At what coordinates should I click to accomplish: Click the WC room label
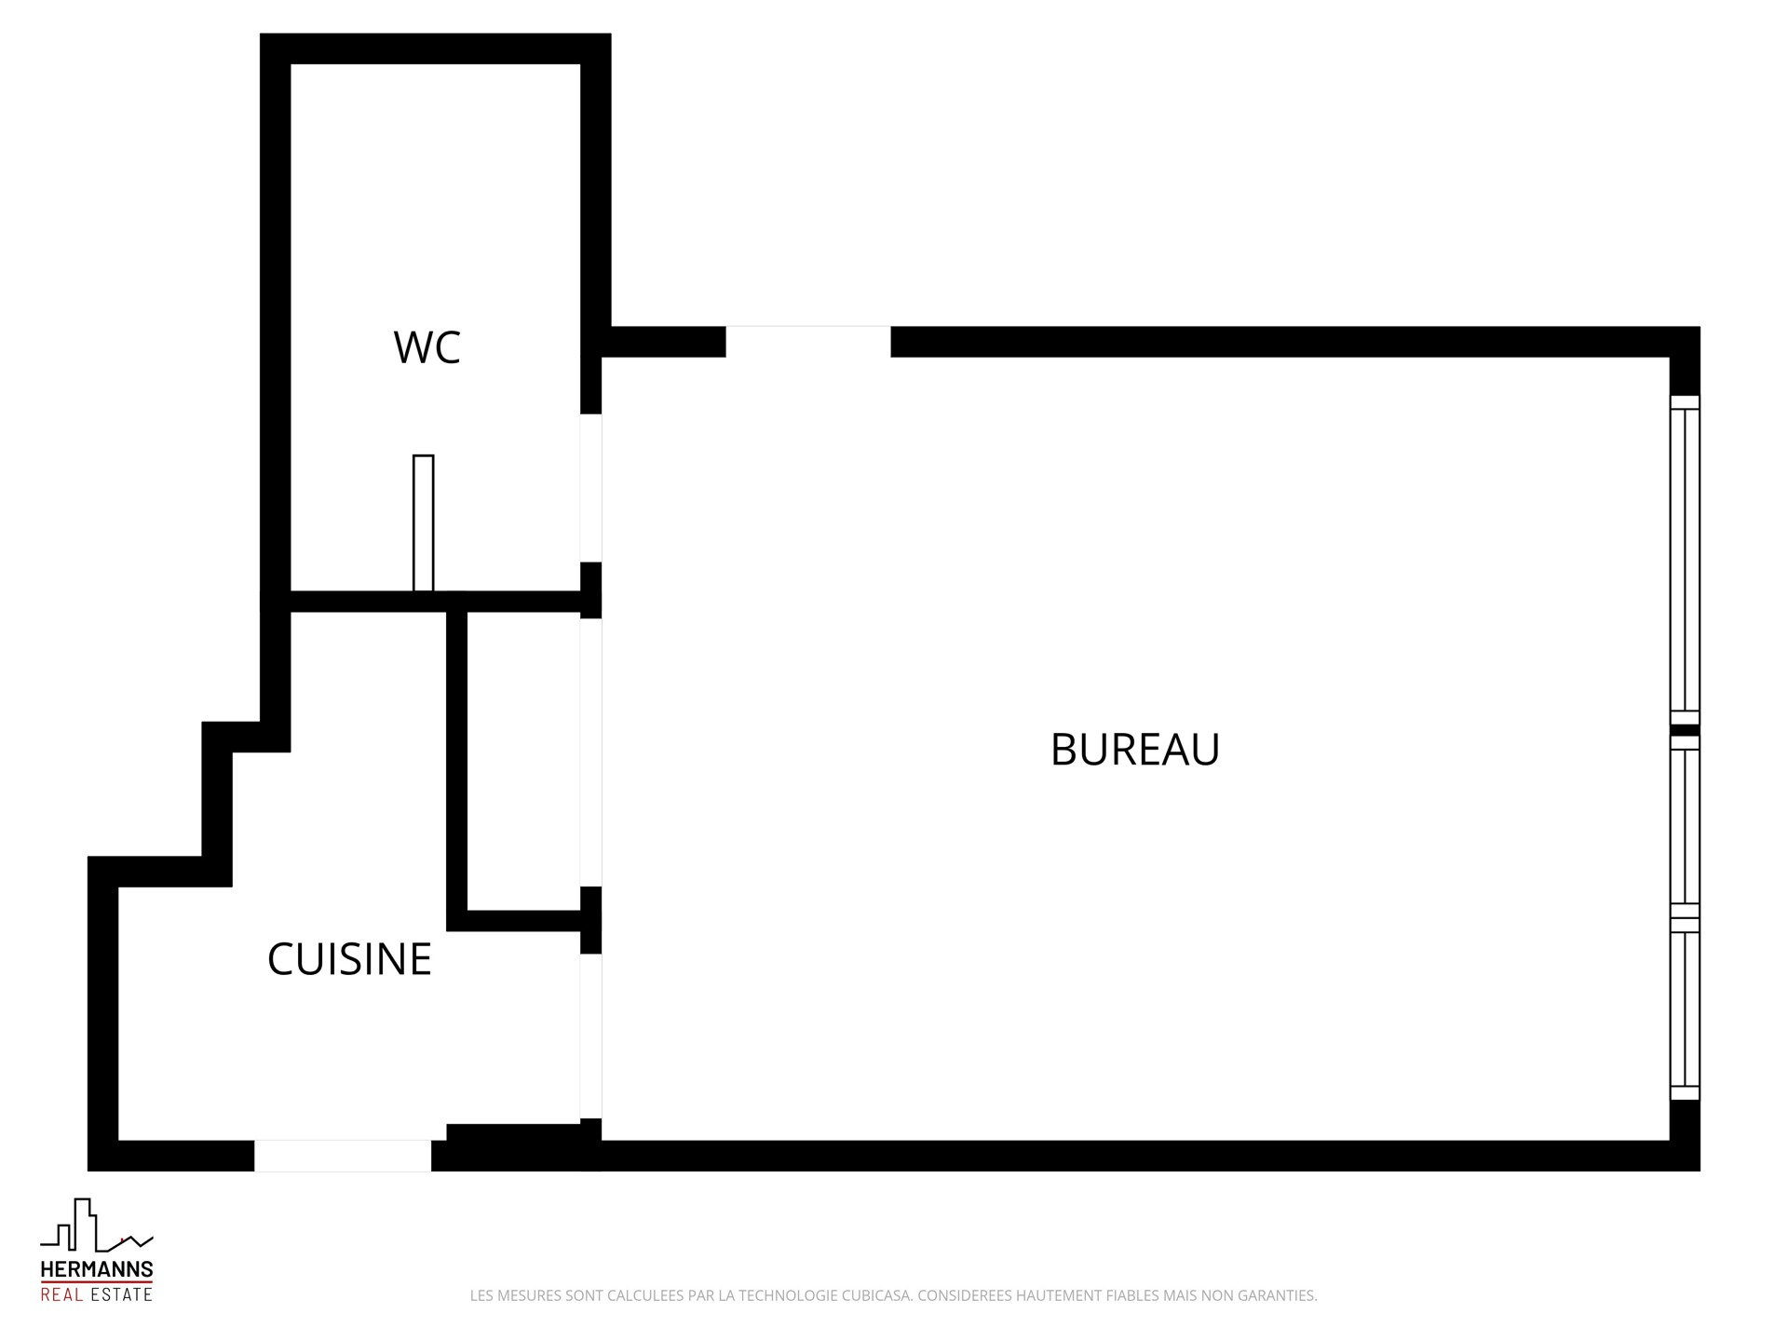click(x=427, y=347)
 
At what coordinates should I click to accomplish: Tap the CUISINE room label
click(x=349, y=959)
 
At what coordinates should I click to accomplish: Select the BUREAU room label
click(x=1134, y=750)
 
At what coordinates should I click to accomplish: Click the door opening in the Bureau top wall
click(x=807, y=341)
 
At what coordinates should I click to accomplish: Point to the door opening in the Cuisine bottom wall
click(x=343, y=1156)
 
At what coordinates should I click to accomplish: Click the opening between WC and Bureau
click(x=590, y=488)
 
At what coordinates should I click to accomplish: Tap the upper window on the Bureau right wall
click(x=1684, y=560)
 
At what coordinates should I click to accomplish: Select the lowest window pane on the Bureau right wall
click(x=1684, y=1016)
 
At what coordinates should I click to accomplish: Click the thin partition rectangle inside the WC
click(x=423, y=522)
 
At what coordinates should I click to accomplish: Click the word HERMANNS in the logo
click(x=97, y=1269)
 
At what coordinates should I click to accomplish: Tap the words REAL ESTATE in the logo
click(x=97, y=1294)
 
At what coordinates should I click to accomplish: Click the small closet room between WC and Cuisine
click(x=522, y=760)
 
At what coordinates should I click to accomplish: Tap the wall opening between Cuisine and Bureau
click(x=590, y=1036)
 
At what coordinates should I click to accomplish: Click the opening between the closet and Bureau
click(x=590, y=752)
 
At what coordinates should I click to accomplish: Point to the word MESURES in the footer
click(x=530, y=1295)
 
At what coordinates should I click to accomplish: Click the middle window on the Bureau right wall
click(x=1684, y=825)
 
